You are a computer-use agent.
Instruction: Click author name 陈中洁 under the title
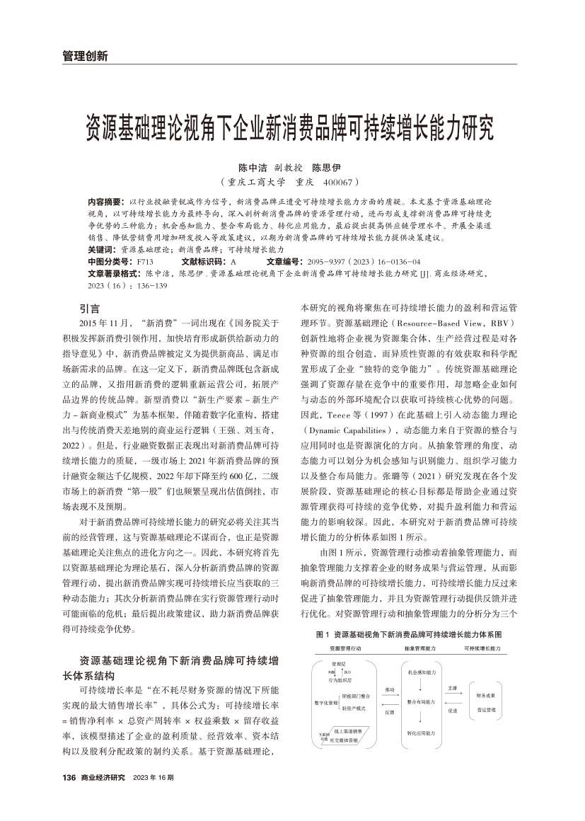253,168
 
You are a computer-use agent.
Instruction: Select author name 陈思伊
327,168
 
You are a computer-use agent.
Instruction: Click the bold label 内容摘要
103,202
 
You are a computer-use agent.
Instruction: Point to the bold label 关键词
102,250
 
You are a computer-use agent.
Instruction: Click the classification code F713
145,261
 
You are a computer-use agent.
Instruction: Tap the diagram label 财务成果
485,696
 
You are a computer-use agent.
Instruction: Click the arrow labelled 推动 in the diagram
388,696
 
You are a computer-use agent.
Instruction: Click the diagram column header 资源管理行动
345,648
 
